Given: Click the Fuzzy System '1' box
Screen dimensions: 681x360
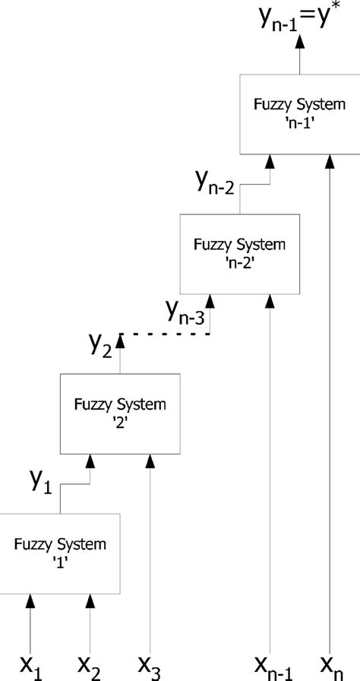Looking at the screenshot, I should [x=60, y=553].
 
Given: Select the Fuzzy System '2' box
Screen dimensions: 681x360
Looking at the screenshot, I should [x=120, y=413].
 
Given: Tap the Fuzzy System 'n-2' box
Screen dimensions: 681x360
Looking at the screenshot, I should [x=239, y=253].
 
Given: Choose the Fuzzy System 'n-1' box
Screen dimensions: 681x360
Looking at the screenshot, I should [x=298, y=112].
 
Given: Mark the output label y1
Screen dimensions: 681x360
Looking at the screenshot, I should [x=40, y=480].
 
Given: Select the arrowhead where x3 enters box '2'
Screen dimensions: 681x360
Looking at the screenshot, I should [x=150, y=460].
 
